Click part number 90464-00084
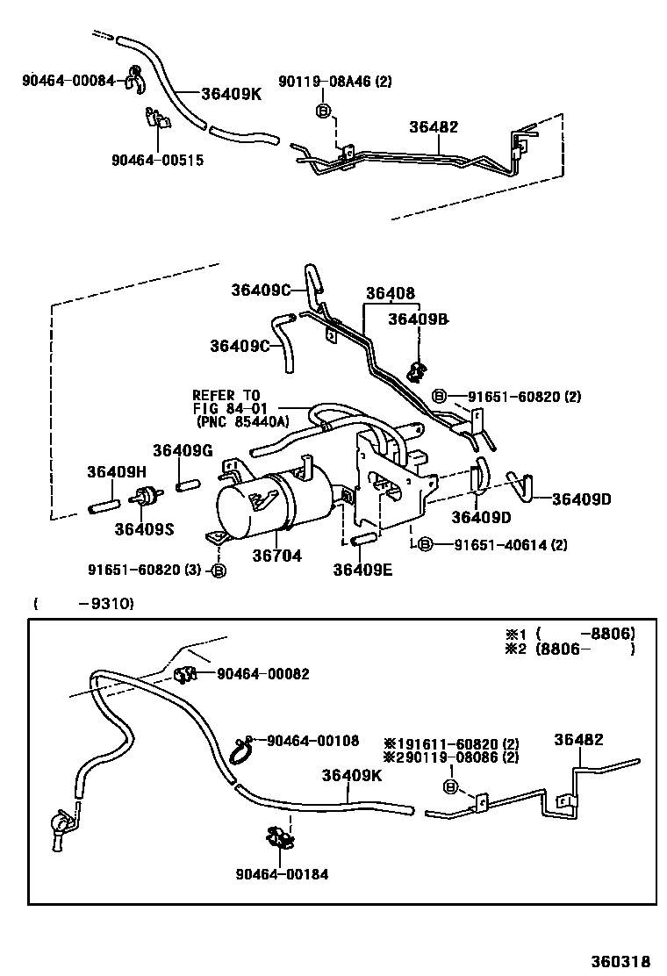pyautogui.click(x=68, y=81)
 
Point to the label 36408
pyautogui.click(x=391, y=294)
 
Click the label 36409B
pyautogui.click(x=418, y=319)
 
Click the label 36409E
pyautogui.click(x=362, y=569)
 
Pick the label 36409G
pyautogui.click(x=183, y=450)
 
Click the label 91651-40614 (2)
pyautogui.click(x=510, y=545)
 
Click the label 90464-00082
pyautogui.click(x=262, y=674)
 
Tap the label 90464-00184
pyautogui.click(x=282, y=874)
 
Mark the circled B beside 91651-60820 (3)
pyautogui.click(x=219, y=571)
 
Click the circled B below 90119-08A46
pyautogui.click(x=322, y=111)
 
